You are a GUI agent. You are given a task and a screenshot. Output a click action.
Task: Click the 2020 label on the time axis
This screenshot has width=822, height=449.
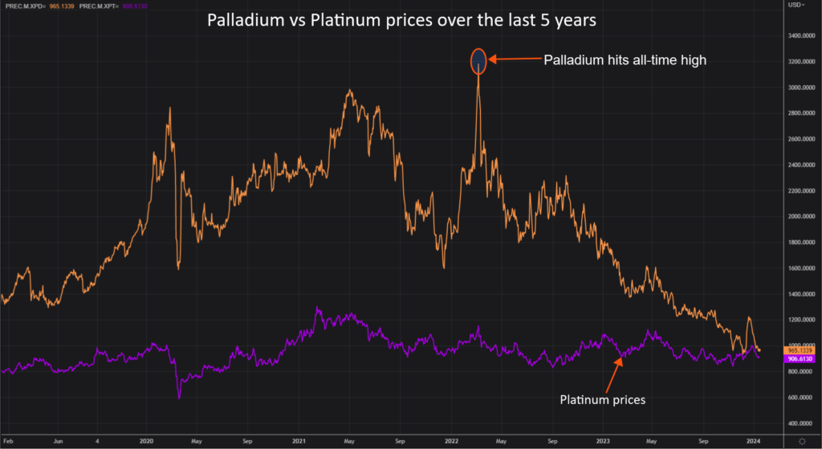(x=147, y=441)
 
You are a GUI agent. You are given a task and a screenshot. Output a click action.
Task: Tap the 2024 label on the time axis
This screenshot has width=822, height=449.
(x=754, y=441)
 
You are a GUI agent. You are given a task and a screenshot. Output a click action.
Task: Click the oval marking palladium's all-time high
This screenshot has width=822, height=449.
(x=478, y=60)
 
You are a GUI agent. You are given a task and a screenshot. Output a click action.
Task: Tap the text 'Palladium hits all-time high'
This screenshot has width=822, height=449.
(x=625, y=60)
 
